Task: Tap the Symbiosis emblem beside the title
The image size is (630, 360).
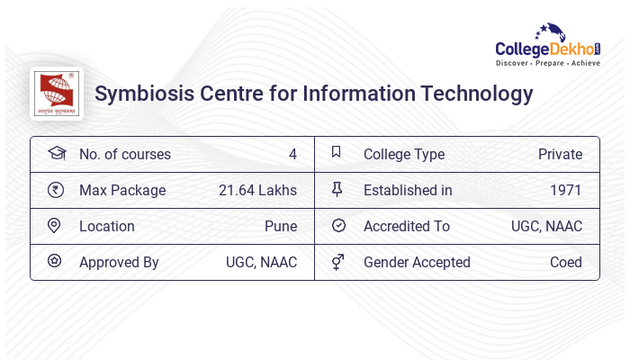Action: tap(57, 93)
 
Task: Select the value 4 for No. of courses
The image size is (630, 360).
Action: tap(292, 155)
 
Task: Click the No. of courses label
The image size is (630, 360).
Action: tap(125, 155)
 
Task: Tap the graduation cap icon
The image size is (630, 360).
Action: tap(56, 154)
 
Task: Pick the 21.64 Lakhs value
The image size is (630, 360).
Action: tap(257, 191)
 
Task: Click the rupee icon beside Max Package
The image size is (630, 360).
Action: tap(56, 190)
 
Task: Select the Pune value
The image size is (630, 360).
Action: tap(281, 227)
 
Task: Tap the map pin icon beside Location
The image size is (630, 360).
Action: tap(55, 226)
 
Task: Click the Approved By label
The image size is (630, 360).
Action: tap(119, 263)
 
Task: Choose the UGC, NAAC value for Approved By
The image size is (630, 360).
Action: tap(261, 263)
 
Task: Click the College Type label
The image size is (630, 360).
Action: tap(404, 155)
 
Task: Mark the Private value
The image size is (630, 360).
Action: tap(560, 155)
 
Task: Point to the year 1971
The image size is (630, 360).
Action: tap(566, 191)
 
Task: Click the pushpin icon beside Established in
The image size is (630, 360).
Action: tap(337, 190)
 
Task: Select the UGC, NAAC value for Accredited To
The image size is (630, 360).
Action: tap(546, 227)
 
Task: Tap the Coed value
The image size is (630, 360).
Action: tap(566, 263)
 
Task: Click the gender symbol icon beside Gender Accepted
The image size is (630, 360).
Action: tap(337, 262)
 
